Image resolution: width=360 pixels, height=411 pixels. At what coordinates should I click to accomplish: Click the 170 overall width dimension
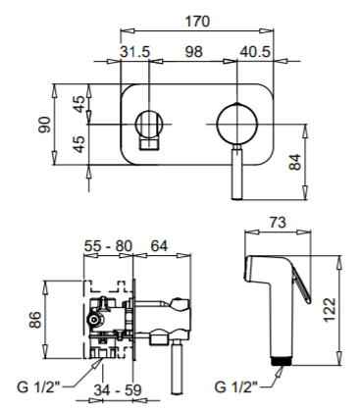197,22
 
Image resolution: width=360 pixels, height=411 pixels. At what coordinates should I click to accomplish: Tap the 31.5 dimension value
134,52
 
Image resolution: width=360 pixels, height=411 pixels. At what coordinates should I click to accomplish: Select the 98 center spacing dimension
193,52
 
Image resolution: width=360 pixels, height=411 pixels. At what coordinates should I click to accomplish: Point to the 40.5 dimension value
255,52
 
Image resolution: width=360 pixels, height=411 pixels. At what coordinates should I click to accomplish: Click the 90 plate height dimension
45,125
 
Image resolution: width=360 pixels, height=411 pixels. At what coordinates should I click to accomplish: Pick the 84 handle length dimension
295,162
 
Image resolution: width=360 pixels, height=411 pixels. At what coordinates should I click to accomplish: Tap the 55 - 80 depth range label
108,246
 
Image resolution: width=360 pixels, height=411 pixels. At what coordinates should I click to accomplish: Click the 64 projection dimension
159,246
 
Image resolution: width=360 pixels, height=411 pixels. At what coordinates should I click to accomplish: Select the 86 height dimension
35,320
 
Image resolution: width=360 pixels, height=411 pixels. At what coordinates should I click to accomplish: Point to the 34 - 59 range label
118,389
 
